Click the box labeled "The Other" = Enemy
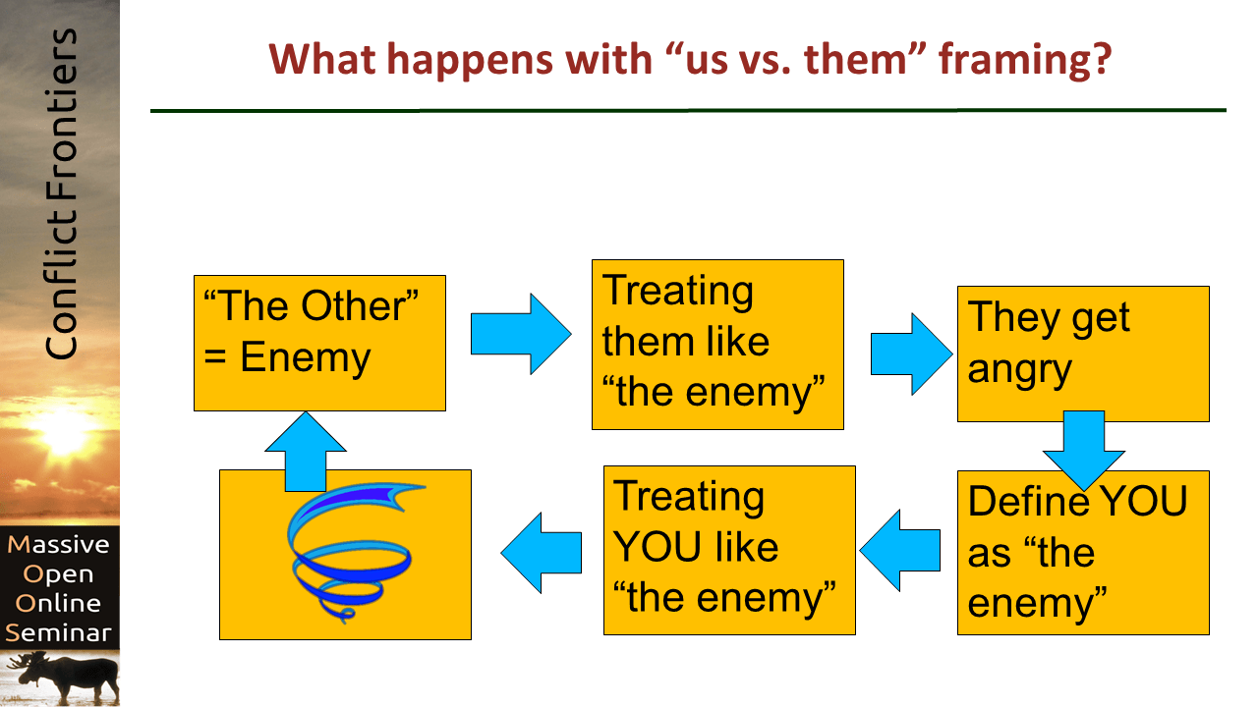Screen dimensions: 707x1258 [x=319, y=343]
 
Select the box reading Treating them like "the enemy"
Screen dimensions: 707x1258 [x=717, y=344]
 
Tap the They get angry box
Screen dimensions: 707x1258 [x=1083, y=353]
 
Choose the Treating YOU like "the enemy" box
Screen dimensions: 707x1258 [x=728, y=550]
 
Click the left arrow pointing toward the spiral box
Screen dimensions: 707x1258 [x=542, y=552]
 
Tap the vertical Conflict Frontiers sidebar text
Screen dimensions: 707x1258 [x=61, y=194]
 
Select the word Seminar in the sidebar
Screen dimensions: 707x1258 [x=59, y=632]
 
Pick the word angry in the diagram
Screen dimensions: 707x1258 [x=1019, y=371]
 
